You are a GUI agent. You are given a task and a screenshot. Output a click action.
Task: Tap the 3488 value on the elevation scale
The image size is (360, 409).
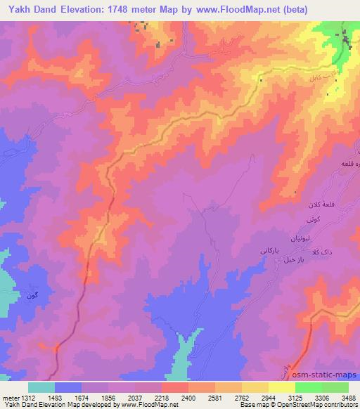pos(349,397)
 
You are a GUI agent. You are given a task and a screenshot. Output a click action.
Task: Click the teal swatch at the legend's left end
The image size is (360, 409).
pos(41,387)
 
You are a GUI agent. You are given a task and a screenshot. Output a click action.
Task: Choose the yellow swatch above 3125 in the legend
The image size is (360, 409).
pos(281,387)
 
